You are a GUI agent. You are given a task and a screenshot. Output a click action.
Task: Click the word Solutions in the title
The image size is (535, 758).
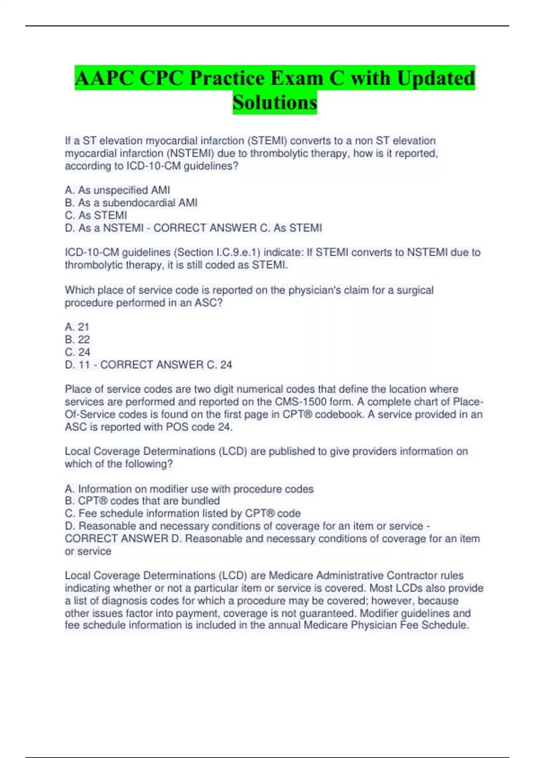275,103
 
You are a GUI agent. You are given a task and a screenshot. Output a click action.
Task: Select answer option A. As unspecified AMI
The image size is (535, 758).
117,190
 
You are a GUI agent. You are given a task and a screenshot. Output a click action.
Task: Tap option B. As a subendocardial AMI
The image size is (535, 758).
131,203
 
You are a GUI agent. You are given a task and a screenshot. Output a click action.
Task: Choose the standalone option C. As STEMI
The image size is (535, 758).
96,215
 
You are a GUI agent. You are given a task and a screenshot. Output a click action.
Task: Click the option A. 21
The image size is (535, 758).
77,327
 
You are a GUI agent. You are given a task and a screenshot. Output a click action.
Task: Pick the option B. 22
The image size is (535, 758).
77,339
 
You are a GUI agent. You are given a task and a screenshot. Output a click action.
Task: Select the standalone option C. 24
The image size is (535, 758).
78,352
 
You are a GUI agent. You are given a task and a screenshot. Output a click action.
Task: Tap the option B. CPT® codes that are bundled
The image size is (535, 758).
142,501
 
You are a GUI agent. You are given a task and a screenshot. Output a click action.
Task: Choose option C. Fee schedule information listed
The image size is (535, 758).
183,513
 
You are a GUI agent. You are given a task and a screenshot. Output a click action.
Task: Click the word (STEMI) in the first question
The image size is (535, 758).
267,141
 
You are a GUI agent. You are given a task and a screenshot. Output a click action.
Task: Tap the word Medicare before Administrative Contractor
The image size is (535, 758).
290,576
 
